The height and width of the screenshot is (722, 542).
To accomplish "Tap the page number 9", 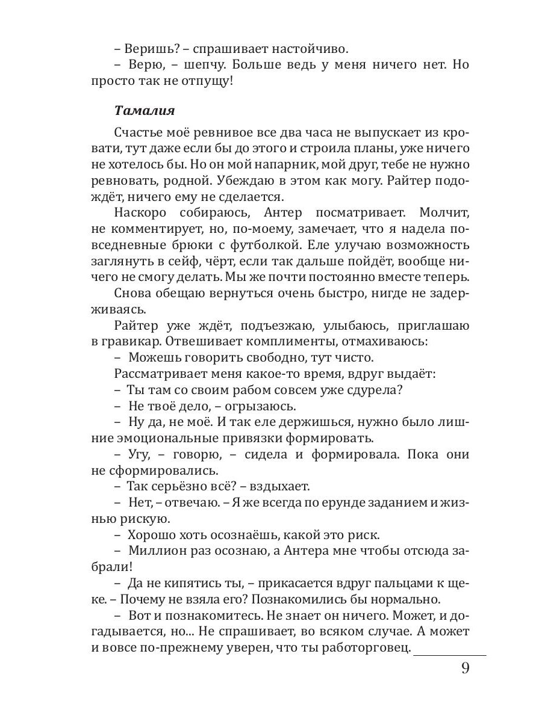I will pos(465,669).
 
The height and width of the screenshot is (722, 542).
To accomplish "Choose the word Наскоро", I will pos(142,213).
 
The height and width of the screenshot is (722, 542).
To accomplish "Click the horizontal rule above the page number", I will pos(450,655).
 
